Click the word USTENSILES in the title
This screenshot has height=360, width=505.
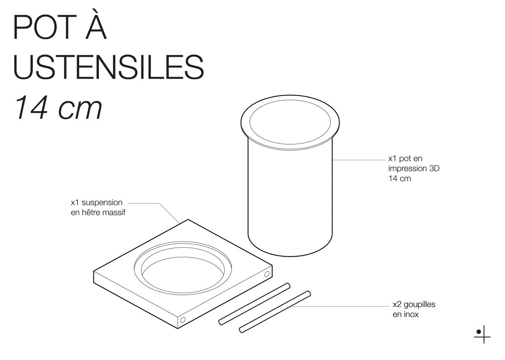109,67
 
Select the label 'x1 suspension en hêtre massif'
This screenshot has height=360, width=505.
98,208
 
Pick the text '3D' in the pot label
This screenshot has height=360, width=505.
438,169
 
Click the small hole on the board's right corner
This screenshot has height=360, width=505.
266,275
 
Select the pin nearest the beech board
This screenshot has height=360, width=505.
254,304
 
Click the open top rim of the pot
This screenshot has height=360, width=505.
290,120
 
